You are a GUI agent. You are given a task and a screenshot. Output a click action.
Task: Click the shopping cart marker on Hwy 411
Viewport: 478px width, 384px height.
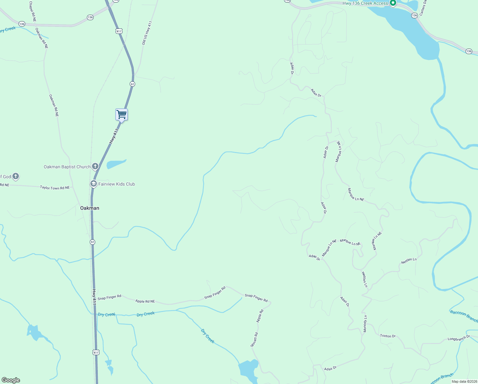tap(121, 114)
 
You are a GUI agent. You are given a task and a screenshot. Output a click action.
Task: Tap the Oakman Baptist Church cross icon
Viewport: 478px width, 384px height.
tap(95, 166)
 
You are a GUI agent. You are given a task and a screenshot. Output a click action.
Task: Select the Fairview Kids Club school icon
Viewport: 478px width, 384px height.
tap(94, 184)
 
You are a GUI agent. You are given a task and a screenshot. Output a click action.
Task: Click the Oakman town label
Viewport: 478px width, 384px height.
tap(89, 208)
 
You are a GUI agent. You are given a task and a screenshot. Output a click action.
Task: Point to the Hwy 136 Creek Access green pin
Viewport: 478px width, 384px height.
tap(393, 3)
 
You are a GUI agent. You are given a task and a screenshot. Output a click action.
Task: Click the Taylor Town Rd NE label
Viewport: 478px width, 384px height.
tap(55, 188)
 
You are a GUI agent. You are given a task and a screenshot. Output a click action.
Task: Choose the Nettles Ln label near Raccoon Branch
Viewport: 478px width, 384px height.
tap(409, 261)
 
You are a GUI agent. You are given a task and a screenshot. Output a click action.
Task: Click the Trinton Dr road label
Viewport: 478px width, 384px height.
tap(388, 336)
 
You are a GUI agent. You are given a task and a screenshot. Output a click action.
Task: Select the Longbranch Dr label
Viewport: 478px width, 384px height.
tap(459, 338)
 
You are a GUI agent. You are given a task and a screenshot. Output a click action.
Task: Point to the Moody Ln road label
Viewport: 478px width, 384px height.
tap(365, 324)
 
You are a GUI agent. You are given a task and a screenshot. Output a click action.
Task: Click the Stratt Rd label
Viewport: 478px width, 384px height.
tap(254, 340)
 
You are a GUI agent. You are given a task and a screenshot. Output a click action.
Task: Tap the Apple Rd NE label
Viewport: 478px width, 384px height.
tap(145, 301)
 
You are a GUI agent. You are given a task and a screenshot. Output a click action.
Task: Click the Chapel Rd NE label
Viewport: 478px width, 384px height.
tap(33, 12)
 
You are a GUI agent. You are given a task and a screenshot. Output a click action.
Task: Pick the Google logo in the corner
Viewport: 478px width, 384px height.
tap(11, 380)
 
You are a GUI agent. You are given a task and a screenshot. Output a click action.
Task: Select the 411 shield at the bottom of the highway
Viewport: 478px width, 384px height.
tap(96, 352)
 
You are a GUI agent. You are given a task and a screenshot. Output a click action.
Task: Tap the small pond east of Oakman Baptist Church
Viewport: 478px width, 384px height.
tap(116, 164)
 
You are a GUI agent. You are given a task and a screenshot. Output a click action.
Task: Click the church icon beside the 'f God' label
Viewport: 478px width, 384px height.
tap(15, 176)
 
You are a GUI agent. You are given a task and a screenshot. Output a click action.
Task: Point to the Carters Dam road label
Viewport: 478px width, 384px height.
tap(423, 8)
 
